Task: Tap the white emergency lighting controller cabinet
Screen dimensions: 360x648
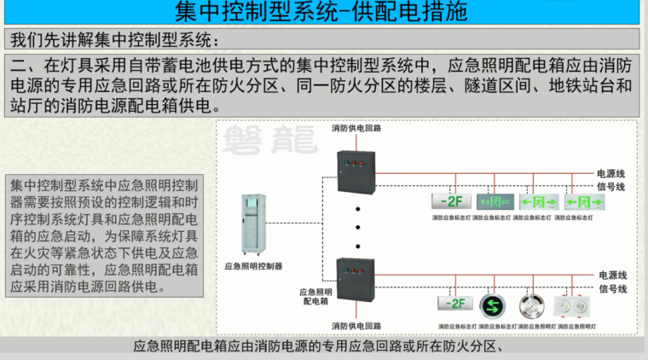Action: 254,224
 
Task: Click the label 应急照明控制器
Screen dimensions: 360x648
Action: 254,266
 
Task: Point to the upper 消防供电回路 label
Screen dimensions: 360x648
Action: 356,129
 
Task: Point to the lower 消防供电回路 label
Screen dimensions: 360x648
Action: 356,325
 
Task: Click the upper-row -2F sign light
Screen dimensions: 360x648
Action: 448,202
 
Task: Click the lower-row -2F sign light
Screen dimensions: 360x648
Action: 455,305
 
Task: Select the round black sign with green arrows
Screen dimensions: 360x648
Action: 492,305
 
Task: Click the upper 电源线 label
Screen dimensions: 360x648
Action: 612,171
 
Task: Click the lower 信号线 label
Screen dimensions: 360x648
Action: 612,288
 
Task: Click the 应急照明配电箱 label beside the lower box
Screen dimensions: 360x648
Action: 315,296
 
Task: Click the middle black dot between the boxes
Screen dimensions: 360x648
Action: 358,226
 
